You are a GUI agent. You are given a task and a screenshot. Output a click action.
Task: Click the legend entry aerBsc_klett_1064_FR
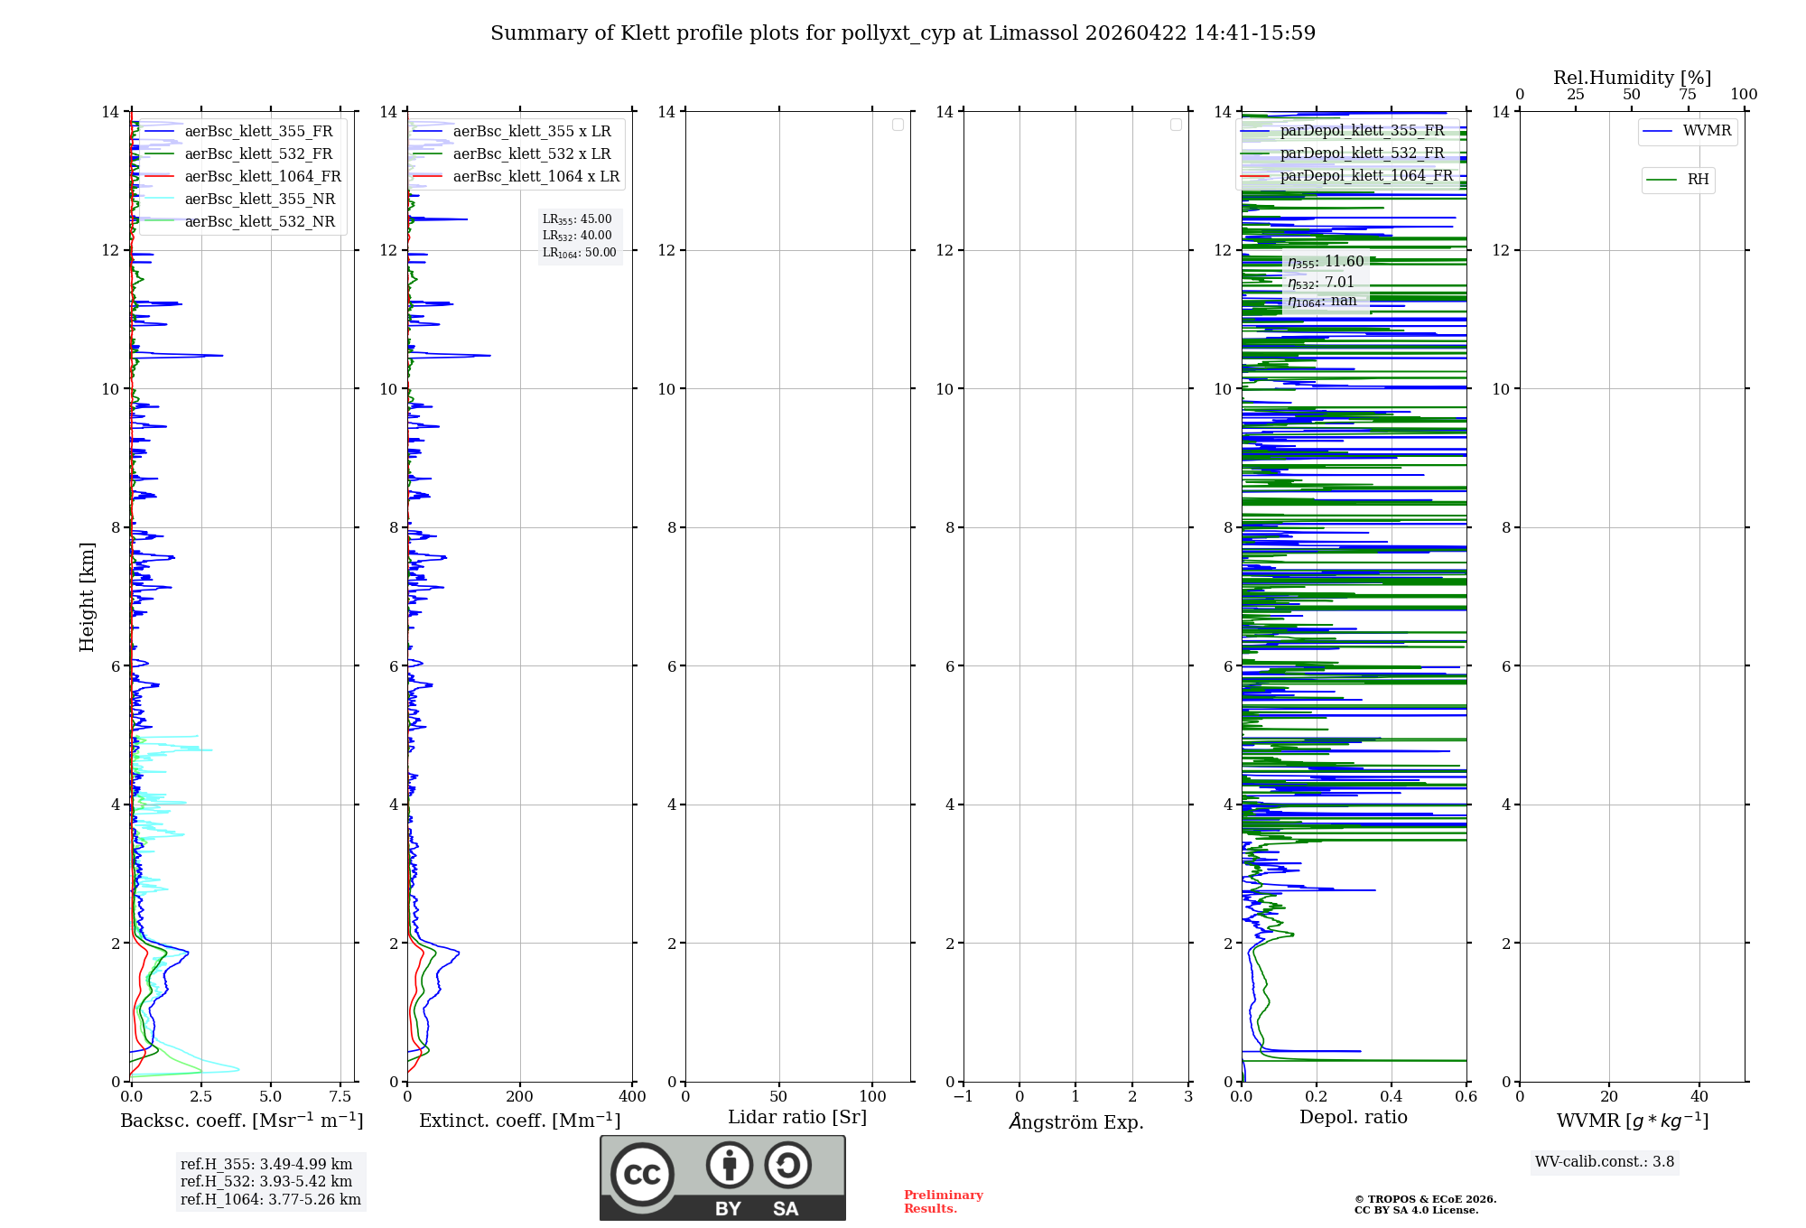click(x=262, y=176)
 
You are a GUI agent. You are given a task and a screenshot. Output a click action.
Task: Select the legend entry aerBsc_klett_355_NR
click(x=259, y=199)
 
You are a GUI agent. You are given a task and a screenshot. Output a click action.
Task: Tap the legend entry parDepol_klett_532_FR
click(x=1362, y=153)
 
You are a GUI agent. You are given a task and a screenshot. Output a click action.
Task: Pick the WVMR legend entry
click(x=1706, y=131)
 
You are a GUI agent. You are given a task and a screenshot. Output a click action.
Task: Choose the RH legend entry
click(x=1697, y=180)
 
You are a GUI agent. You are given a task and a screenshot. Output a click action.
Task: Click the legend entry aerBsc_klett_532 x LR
click(x=531, y=153)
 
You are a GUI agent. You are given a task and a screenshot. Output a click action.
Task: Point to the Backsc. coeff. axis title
click(x=241, y=1121)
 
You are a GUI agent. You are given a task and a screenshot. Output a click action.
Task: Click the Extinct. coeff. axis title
click(x=519, y=1121)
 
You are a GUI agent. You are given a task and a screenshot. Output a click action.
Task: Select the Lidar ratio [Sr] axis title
click(x=796, y=1117)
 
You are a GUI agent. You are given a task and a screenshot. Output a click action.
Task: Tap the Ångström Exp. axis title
click(x=1075, y=1121)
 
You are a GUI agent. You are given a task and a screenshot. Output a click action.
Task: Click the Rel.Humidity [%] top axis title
click(x=1632, y=78)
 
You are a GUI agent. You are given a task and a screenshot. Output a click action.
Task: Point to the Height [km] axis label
click(x=87, y=596)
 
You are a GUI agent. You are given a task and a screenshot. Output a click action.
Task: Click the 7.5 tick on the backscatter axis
click(x=340, y=1096)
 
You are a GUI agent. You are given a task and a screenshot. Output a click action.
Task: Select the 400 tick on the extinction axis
click(x=632, y=1096)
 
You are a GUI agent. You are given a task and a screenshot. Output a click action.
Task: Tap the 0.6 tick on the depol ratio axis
click(x=1466, y=1096)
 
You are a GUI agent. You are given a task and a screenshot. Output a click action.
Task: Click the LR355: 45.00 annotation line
click(x=577, y=219)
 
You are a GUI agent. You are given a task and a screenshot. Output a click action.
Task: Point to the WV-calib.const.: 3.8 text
click(x=1604, y=1161)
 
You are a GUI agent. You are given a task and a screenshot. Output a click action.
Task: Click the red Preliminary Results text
click(x=943, y=1201)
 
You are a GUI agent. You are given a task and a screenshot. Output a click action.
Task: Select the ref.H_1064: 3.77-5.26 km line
click(x=270, y=1199)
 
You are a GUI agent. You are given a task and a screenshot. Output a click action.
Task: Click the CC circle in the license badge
click(x=642, y=1175)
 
